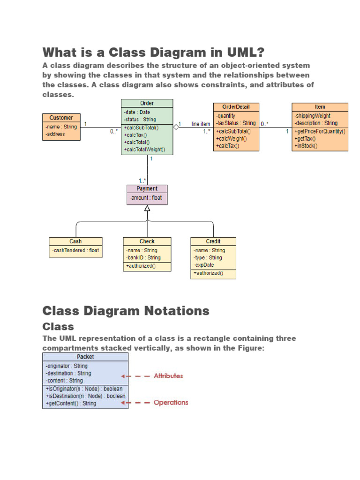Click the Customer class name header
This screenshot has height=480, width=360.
[61, 118]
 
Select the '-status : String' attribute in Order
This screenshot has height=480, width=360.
[140, 120]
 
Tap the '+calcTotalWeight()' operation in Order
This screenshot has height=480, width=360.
[147, 150]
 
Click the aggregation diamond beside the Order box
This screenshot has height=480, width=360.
[176, 127]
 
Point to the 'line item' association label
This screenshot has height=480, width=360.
[201, 124]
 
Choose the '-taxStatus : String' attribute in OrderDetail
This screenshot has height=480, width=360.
[236, 123]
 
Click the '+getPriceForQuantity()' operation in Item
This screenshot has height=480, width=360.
[320, 131]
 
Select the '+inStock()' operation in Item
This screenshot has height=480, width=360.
[306, 146]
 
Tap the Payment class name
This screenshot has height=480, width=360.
[147, 189]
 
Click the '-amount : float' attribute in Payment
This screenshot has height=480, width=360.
[145, 198]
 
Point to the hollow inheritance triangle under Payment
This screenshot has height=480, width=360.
[147, 208]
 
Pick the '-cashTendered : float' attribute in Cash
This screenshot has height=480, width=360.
[75, 250]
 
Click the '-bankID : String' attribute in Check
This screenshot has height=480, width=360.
[143, 257]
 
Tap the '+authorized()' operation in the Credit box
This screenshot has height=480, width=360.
[208, 273]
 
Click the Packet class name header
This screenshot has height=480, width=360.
[85, 357]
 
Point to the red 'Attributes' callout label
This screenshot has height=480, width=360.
[168, 376]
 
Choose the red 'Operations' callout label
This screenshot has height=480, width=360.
[171, 402]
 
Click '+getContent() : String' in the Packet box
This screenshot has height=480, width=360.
[70, 403]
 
